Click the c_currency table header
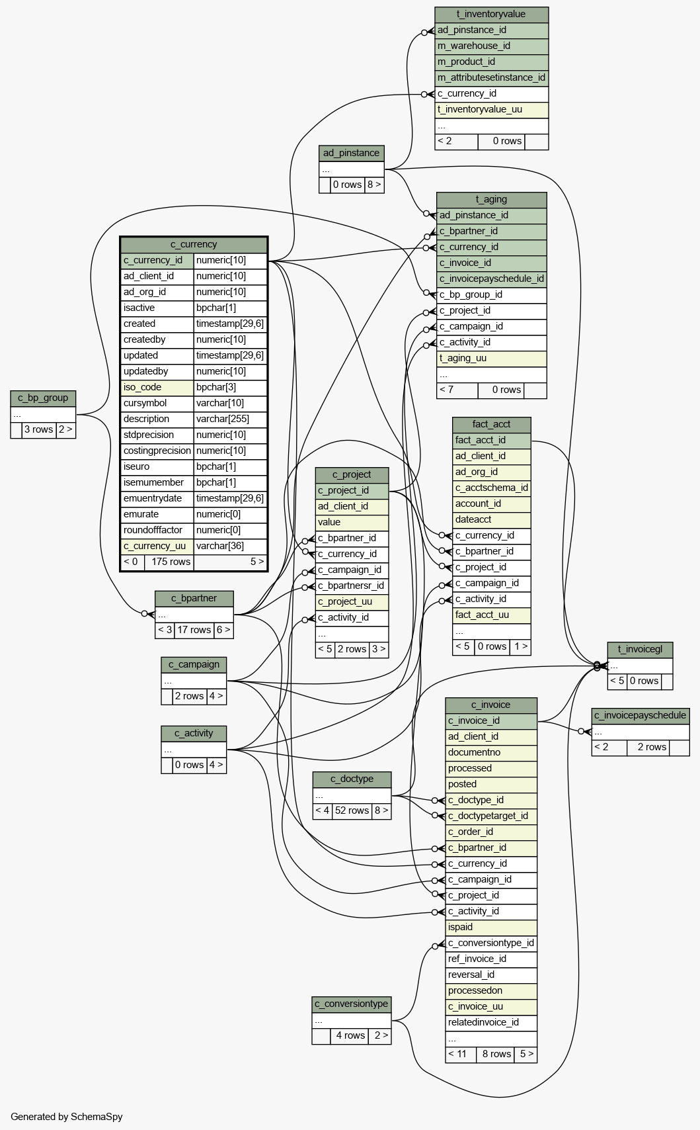point(194,244)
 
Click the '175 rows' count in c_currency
point(171,562)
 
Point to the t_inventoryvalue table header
point(491,14)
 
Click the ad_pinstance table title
point(351,153)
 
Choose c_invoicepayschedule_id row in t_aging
point(491,279)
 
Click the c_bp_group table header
point(43,398)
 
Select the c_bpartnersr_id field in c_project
point(351,586)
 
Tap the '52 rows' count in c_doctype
point(352,810)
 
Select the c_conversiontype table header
point(351,1004)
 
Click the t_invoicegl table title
point(640,649)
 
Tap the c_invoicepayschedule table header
point(640,715)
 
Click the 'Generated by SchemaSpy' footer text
point(67,1117)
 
